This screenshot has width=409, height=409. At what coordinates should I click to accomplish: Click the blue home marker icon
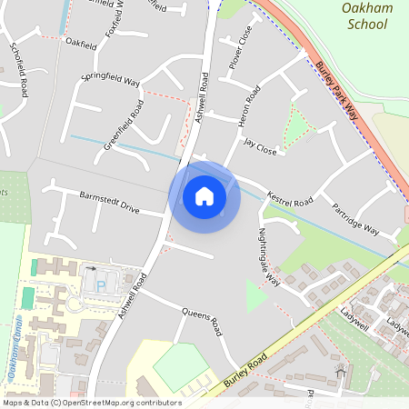point(204,196)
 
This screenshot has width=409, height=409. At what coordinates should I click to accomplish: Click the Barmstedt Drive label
point(109,203)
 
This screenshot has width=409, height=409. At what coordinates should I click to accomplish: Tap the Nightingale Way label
point(271,257)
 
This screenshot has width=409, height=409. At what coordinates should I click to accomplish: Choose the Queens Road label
point(202,321)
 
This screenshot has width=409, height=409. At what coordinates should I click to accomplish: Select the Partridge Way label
point(355,218)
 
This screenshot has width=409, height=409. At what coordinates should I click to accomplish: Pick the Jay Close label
point(259,147)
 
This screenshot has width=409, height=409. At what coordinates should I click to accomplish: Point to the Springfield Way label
point(110,75)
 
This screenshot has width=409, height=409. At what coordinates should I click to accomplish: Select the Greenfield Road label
point(124,125)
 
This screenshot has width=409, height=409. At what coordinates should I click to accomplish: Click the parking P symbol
point(101,285)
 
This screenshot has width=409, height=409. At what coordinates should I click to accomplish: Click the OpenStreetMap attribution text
point(91,403)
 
